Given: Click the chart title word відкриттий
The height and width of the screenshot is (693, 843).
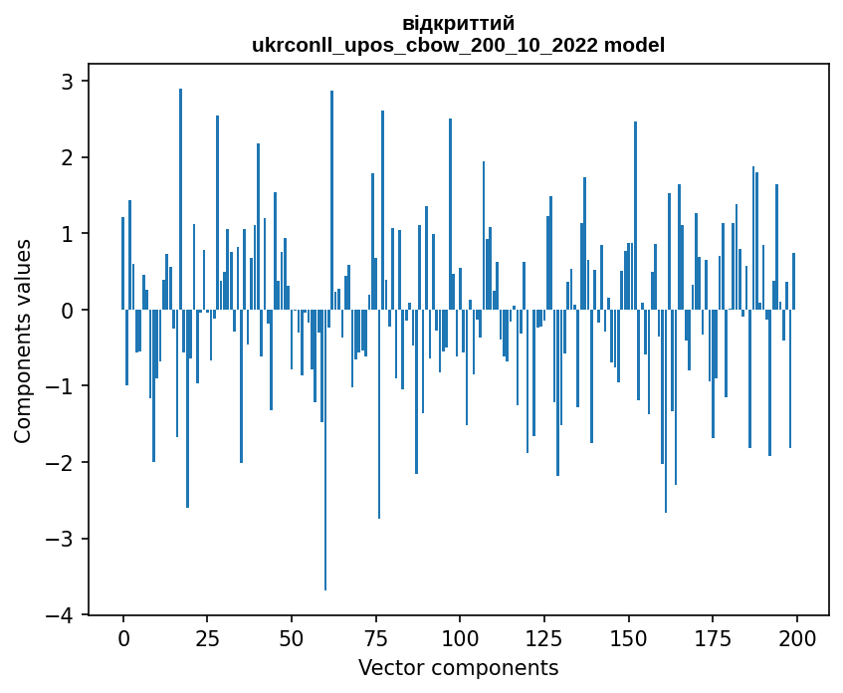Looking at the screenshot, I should coord(458,24).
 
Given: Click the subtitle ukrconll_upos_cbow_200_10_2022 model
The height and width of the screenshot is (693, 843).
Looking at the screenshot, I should coord(458,45).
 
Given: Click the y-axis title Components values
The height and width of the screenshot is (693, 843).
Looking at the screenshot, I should coord(22,341).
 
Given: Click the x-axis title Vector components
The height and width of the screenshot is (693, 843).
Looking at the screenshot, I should coord(458,667).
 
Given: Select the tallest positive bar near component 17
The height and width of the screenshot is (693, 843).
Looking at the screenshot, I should coord(180,199).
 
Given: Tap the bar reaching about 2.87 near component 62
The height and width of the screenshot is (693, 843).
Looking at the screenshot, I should coord(331,199).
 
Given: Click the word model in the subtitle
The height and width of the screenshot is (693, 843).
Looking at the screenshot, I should coord(641,45).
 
